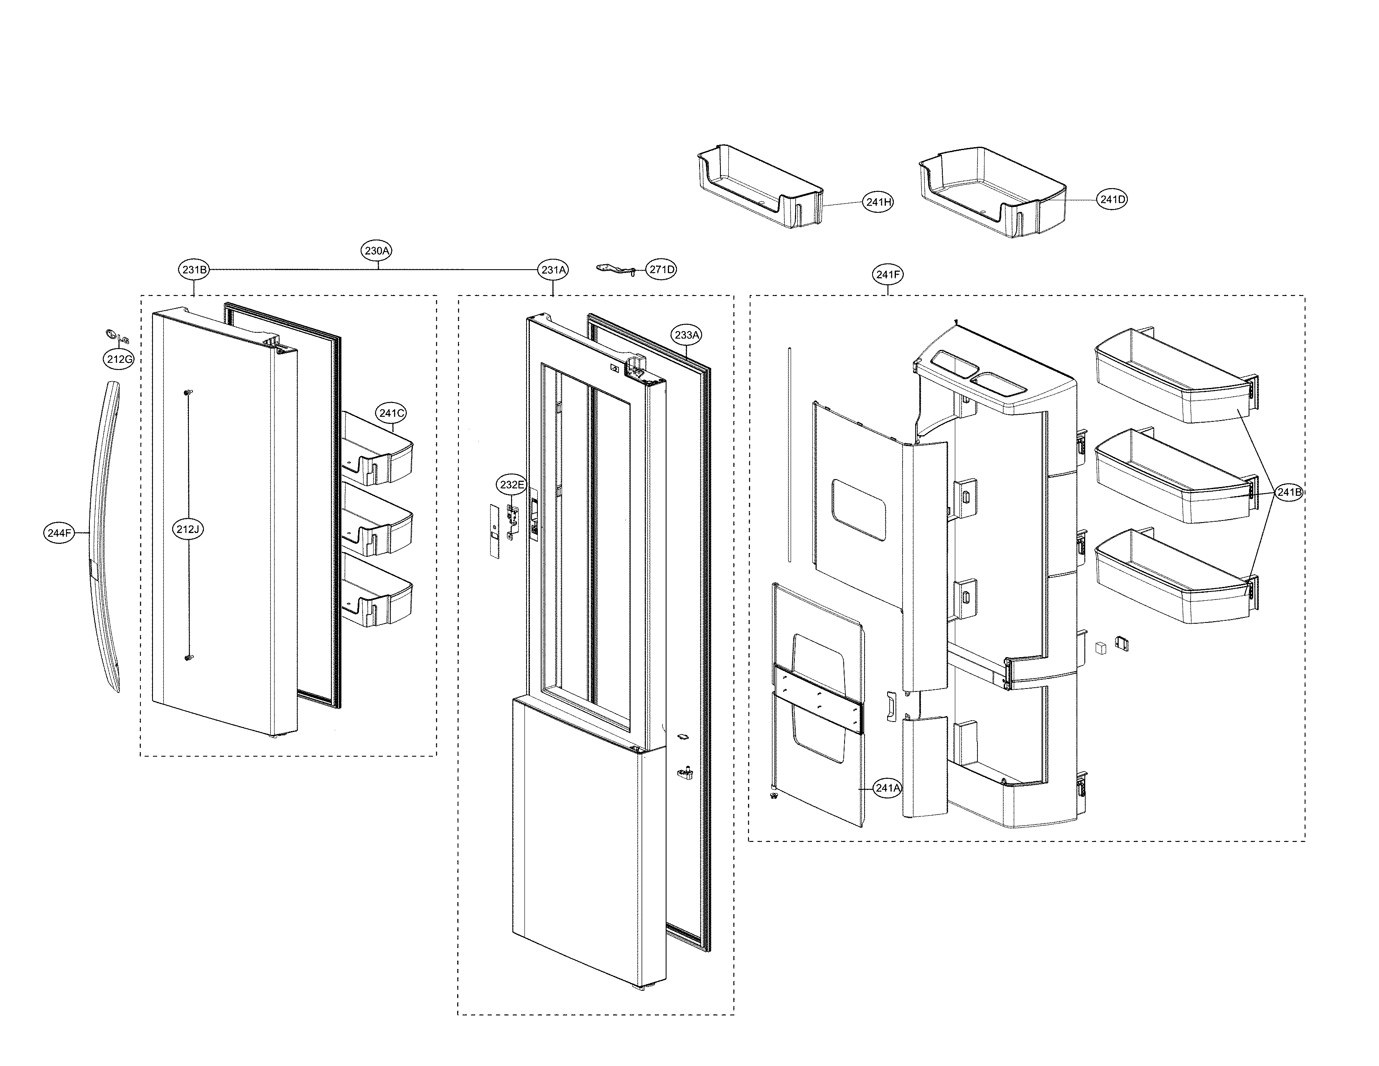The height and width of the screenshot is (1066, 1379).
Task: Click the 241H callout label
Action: pyautogui.click(x=878, y=202)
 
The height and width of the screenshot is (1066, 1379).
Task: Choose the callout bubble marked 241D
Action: pyautogui.click(x=1112, y=199)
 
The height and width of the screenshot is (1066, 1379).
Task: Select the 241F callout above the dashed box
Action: pyautogui.click(x=888, y=275)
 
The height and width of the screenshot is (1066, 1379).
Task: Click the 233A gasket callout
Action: pyautogui.click(x=686, y=335)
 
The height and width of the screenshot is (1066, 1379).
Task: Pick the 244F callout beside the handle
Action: pyautogui.click(x=59, y=533)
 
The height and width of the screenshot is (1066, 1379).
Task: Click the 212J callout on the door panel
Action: pyautogui.click(x=188, y=529)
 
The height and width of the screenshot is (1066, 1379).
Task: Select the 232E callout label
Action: pyautogui.click(x=511, y=485)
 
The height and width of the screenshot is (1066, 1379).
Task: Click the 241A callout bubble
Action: pyautogui.click(x=887, y=788)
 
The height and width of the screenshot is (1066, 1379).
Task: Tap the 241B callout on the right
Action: pyautogui.click(x=1288, y=492)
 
